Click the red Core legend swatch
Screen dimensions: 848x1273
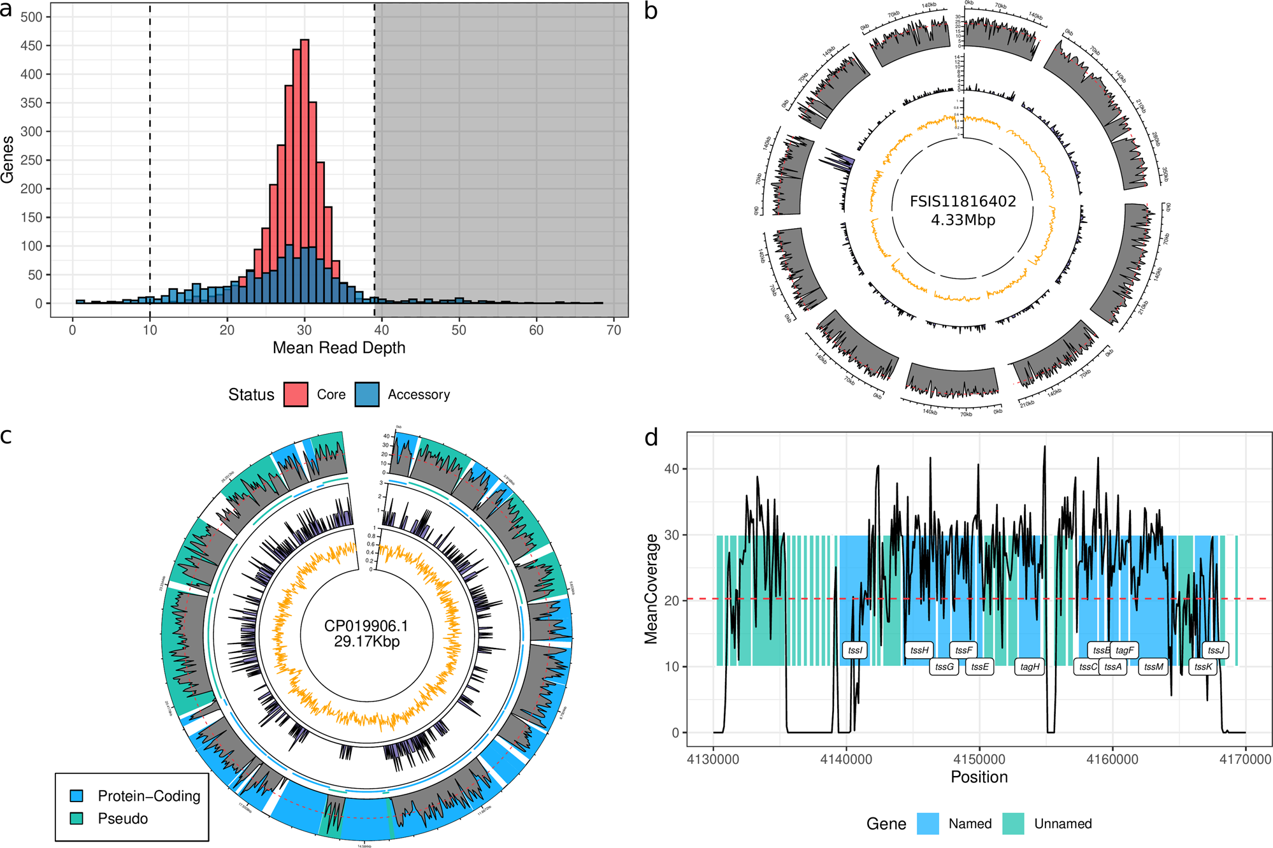[x=296, y=394]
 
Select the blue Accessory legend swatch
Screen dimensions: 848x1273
[x=367, y=394]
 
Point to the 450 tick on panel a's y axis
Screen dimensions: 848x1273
[x=31, y=46]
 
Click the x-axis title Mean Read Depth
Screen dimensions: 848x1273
[x=339, y=348]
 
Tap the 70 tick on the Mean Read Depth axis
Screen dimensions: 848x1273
[x=614, y=330]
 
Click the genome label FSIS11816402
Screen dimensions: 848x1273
[x=962, y=201]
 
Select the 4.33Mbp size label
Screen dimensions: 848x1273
[x=963, y=220]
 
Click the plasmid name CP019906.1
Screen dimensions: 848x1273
[x=366, y=626]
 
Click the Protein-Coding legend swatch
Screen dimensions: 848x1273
[x=77, y=796]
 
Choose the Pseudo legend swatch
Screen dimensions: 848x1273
[x=77, y=819]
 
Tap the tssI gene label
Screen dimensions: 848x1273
[x=855, y=650]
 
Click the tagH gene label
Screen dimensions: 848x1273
[x=1030, y=666]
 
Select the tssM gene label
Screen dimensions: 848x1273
[x=1153, y=666]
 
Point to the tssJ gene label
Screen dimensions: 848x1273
[x=1216, y=650]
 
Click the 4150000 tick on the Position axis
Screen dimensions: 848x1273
[x=979, y=759]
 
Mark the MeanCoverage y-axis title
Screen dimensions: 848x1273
[x=651, y=589]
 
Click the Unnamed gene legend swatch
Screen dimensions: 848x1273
[x=1013, y=824]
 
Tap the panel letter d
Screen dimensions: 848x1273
[x=651, y=438]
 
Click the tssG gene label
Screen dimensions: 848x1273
[x=944, y=666]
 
